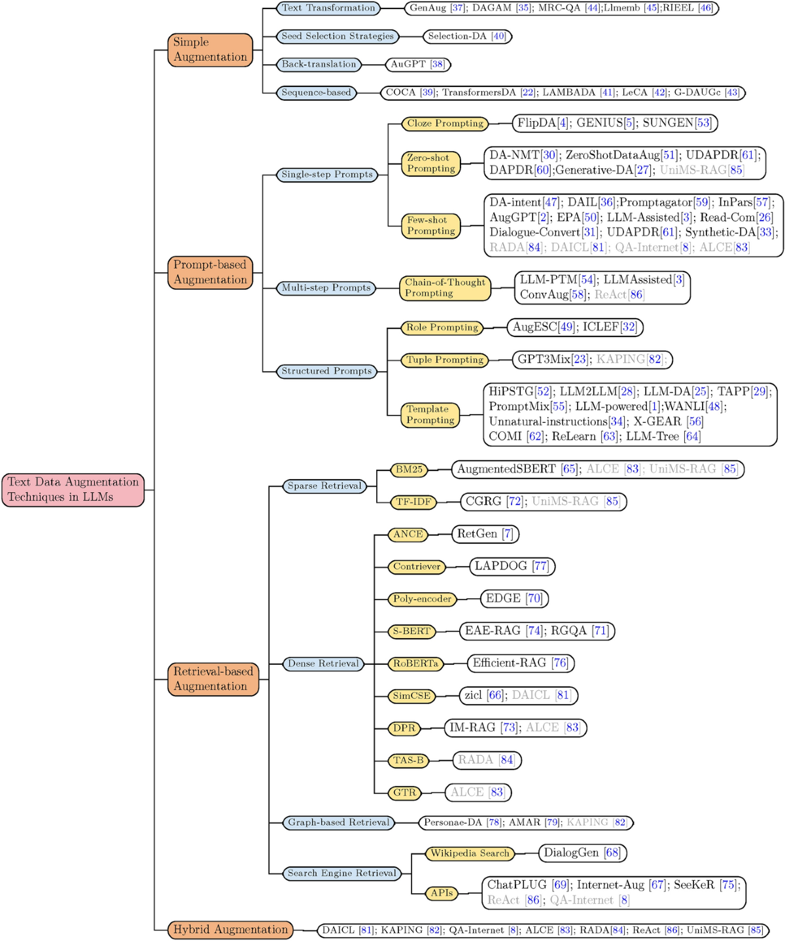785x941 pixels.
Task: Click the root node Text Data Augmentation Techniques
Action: point(73,489)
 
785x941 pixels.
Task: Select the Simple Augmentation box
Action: point(210,50)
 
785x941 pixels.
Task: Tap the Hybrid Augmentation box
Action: point(230,930)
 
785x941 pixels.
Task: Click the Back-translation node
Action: point(319,64)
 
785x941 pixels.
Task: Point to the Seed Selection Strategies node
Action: point(338,36)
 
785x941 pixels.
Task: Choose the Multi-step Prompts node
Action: point(326,288)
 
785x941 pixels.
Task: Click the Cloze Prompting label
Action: point(445,123)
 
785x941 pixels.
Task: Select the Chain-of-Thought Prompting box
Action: point(445,288)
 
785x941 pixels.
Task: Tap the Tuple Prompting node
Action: point(445,360)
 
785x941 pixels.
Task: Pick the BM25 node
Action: point(409,470)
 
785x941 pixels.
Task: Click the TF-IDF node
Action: point(413,502)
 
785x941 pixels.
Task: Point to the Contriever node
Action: point(416,567)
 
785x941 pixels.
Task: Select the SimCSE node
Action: point(411,696)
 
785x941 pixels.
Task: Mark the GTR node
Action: point(404,792)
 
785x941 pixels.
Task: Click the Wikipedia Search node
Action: point(469,853)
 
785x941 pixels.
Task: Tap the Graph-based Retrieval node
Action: point(338,823)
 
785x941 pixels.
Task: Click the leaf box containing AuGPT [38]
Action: point(417,64)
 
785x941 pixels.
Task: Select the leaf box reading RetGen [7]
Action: point(485,534)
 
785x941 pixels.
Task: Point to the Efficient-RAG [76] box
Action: point(520,663)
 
